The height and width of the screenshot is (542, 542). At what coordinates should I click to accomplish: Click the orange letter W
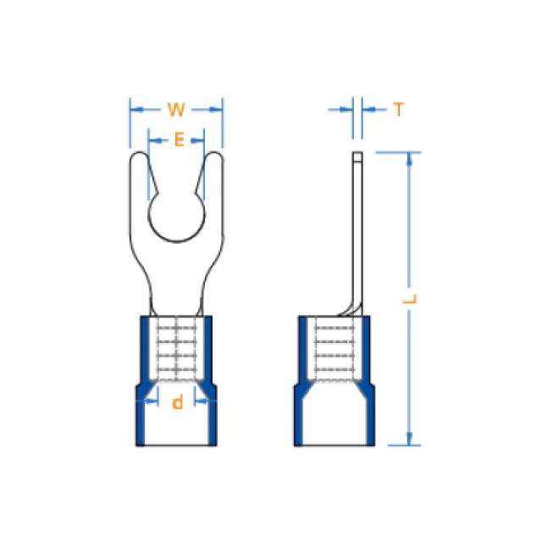coord(176,109)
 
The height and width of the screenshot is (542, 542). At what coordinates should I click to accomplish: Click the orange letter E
coord(180,140)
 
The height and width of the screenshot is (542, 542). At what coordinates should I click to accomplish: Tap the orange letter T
coord(399,109)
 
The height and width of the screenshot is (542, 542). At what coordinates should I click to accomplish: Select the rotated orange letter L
coord(410,299)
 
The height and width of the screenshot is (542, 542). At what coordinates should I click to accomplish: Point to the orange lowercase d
coord(177,402)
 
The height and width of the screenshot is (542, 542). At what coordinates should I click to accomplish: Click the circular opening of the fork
coord(177,215)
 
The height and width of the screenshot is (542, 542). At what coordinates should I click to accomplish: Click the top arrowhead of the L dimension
coord(409,159)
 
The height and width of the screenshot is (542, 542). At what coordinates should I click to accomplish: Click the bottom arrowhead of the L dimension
coord(409,439)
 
